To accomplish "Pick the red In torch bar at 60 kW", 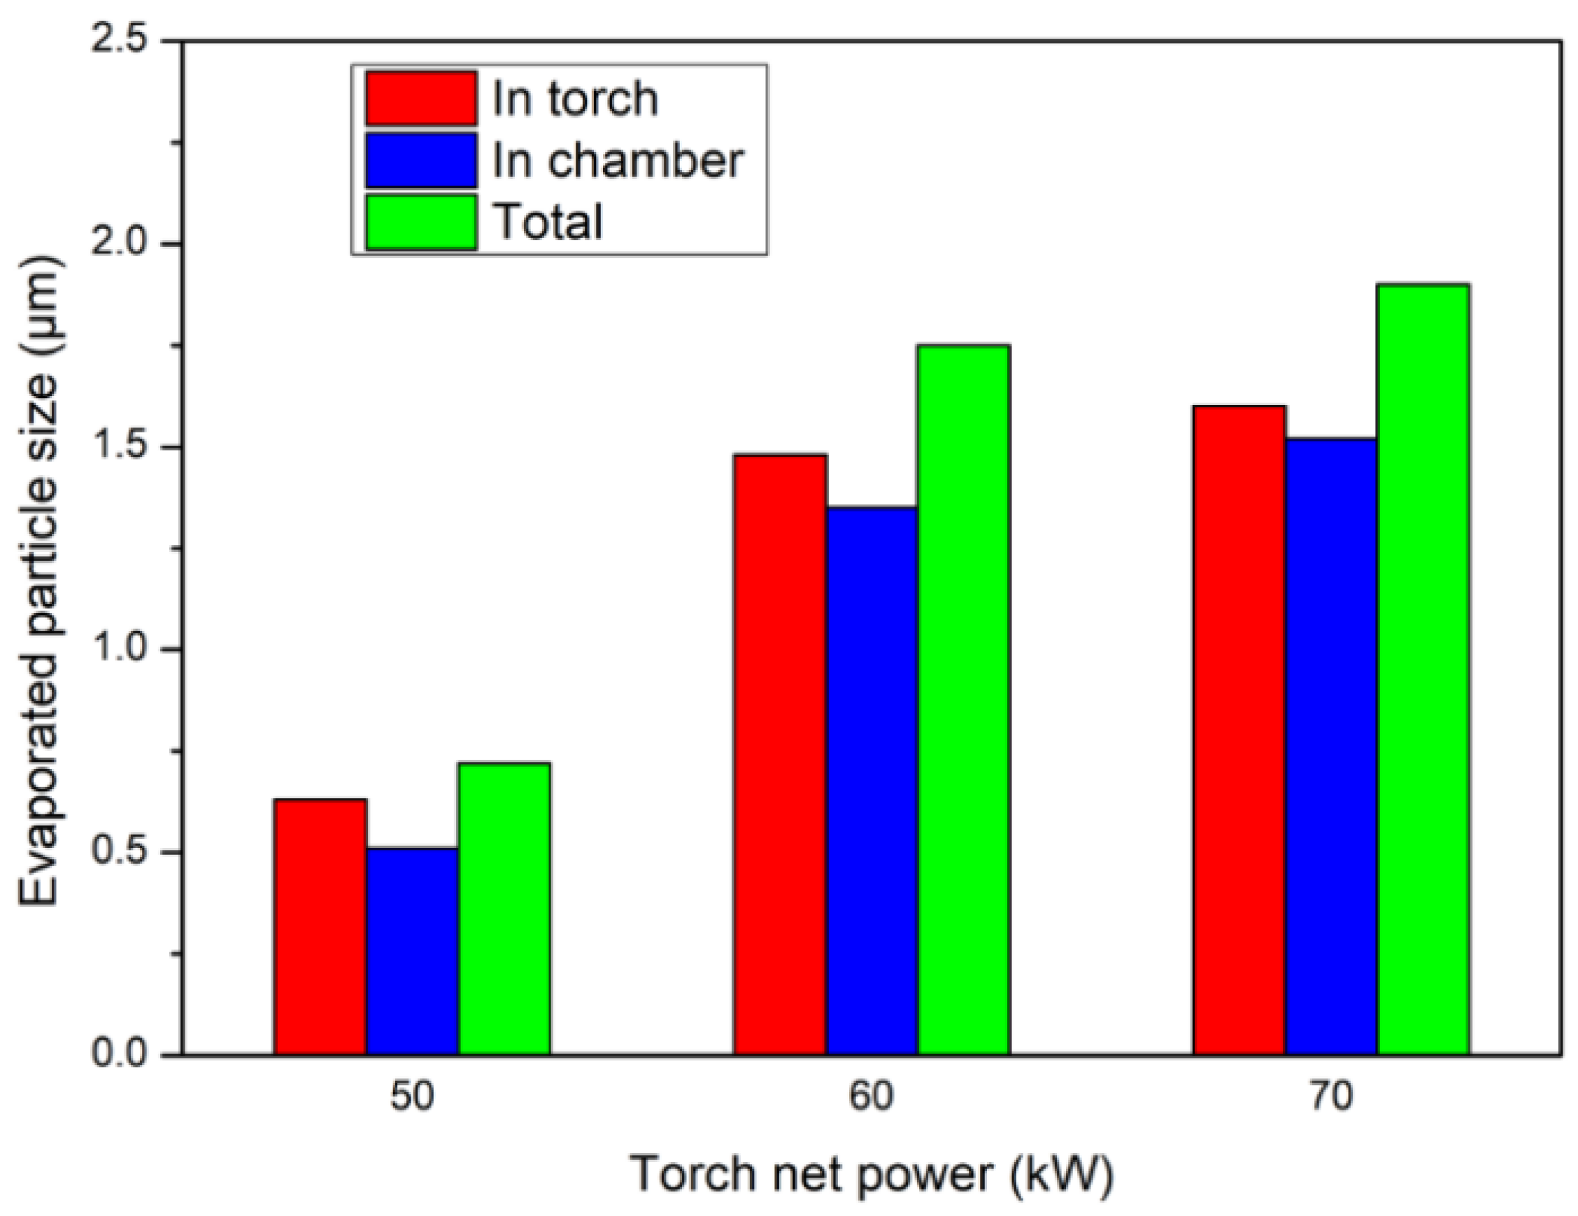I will point(781,754).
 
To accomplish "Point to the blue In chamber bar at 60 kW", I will point(873,780).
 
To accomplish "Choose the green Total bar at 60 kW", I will point(965,700).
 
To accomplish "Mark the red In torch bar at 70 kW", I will point(1240,730).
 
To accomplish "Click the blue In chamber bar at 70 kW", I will point(1332,747).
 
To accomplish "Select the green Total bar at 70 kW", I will point(1424,669).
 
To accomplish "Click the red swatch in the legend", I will point(421,98).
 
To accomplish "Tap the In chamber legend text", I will point(618,160).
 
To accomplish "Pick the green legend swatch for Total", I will point(421,222).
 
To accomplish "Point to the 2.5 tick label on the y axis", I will point(118,42).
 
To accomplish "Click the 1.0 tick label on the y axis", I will point(118,649).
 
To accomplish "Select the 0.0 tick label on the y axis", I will point(118,1054).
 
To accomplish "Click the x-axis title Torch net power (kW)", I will point(872,1175).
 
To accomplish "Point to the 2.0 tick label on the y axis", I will point(118,244).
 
